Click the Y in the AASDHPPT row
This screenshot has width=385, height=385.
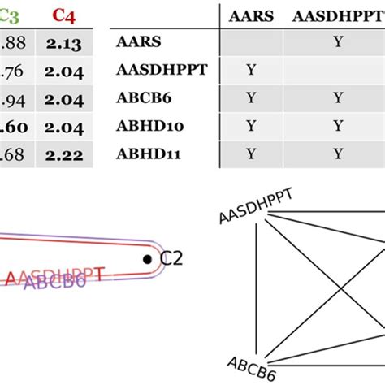click(250, 70)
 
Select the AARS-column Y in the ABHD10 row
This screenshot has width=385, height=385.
click(250, 125)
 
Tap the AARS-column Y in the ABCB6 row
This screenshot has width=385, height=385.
click(250, 97)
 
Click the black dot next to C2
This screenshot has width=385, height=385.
click(147, 259)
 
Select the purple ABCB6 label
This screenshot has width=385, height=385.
click(54, 282)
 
